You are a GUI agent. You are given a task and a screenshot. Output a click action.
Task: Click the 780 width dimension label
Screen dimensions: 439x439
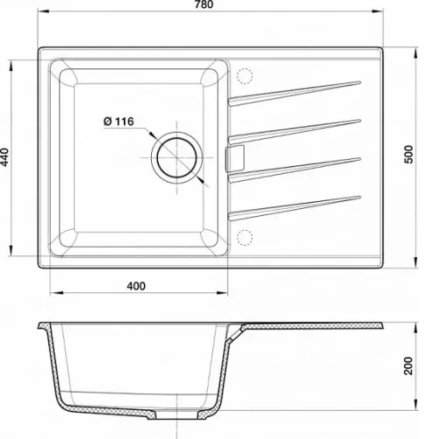click(x=204, y=4)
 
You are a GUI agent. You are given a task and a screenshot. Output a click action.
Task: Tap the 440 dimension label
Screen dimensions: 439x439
click(x=5, y=157)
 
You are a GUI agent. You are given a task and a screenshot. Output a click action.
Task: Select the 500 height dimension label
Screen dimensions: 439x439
click(x=408, y=155)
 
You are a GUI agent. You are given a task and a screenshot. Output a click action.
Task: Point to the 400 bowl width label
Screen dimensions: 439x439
click(x=136, y=286)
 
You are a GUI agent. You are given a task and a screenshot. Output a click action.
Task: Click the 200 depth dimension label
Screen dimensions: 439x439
click(x=408, y=366)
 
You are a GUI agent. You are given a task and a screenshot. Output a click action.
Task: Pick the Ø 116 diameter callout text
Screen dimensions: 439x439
click(x=119, y=121)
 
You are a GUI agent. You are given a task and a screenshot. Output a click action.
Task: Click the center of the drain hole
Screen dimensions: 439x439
click(x=176, y=157)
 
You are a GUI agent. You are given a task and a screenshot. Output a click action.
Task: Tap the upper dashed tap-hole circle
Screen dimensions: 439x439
click(x=244, y=76)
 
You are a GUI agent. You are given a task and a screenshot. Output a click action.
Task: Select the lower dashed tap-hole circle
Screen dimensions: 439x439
click(x=244, y=237)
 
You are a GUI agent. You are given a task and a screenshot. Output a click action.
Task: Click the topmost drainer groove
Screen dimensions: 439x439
click(x=294, y=93)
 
